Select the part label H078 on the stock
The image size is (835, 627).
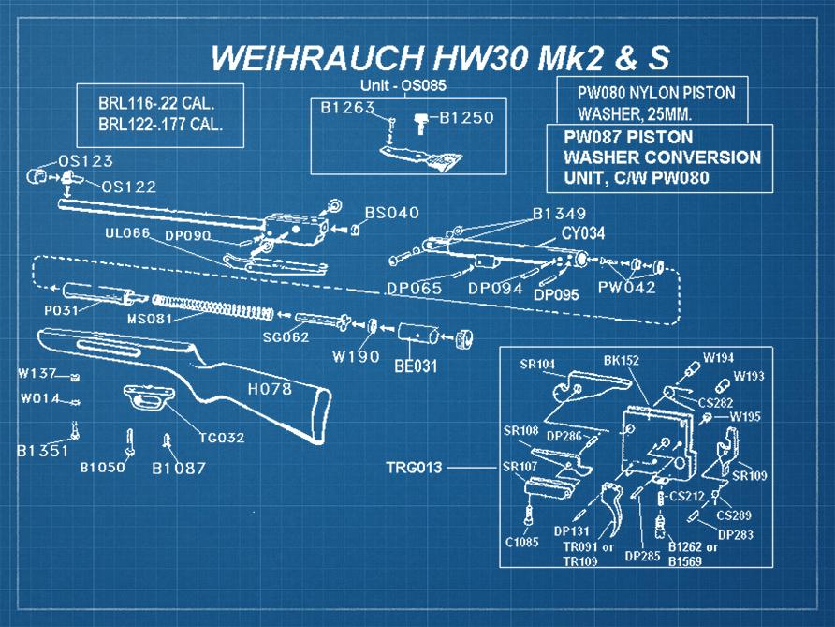(x=269, y=388)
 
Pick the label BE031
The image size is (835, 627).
(x=415, y=366)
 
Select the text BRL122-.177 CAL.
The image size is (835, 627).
(x=160, y=124)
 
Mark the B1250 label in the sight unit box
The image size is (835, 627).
(x=465, y=118)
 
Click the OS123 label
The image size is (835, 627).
(x=85, y=161)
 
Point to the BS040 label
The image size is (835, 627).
(x=391, y=214)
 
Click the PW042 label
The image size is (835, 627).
(x=627, y=287)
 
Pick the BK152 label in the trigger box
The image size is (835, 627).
(x=622, y=359)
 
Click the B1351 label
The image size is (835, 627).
(x=43, y=451)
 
